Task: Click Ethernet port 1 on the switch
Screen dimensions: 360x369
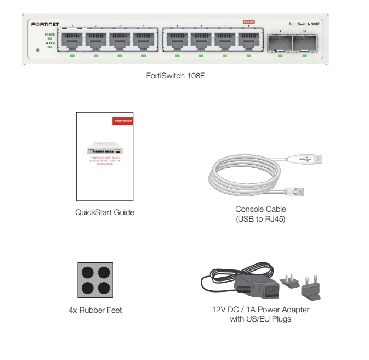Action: (x=71, y=41)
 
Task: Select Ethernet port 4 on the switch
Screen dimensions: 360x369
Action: (x=144, y=41)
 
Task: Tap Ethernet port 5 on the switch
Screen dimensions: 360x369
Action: (x=177, y=41)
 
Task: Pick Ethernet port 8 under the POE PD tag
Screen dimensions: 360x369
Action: (x=249, y=41)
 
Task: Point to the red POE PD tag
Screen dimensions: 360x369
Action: (x=249, y=21)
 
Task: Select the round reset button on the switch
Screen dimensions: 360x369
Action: (x=37, y=51)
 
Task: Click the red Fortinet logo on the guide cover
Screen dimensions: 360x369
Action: (x=122, y=120)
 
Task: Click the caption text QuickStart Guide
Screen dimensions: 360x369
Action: (x=105, y=212)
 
